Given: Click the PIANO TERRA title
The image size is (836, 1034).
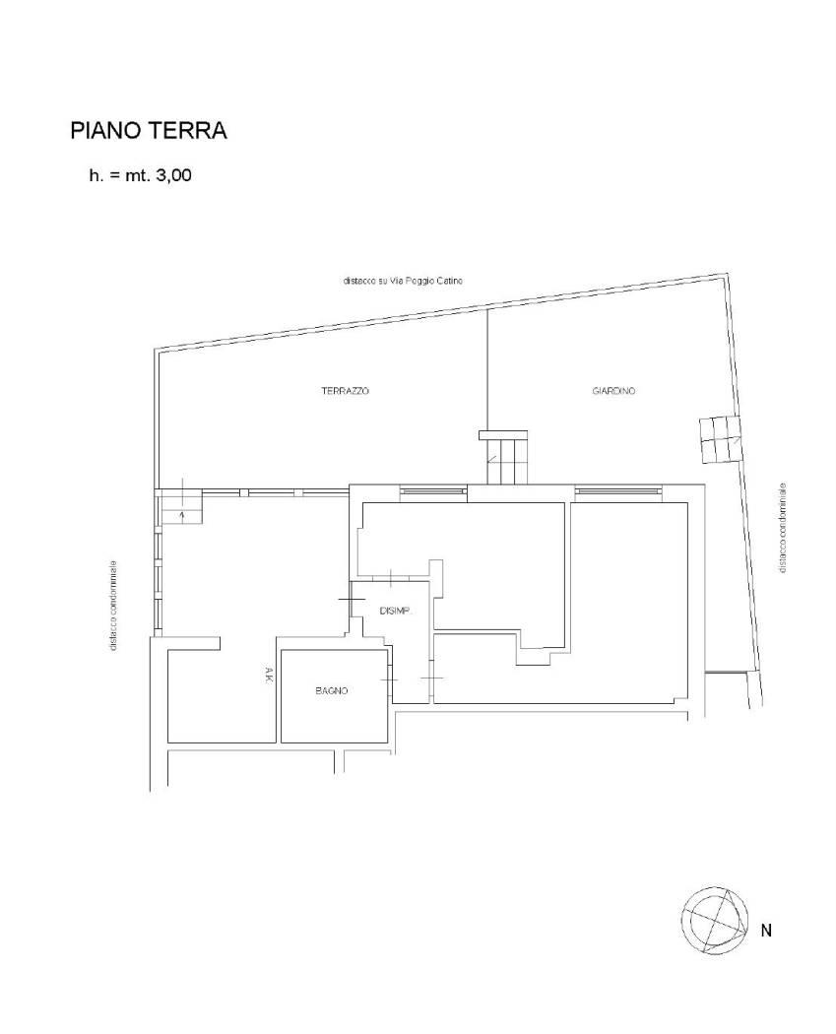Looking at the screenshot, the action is coord(149,131).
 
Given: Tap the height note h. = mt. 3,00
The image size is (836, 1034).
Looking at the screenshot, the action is coord(141,175).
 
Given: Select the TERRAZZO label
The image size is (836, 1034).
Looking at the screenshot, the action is coord(345,391).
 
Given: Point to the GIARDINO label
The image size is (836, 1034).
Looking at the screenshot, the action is coord(613,391).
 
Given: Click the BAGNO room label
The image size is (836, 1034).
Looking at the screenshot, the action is coord(332,691).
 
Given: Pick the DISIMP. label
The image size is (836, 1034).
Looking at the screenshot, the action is coord(396,612).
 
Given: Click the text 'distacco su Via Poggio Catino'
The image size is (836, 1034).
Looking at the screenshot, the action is coord(402,281).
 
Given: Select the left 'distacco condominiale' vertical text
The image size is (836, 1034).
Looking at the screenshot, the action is coord(113,606).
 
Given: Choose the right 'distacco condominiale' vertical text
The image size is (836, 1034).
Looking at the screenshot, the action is coord(783,527).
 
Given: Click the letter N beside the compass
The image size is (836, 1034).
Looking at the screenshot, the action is coord(766,931).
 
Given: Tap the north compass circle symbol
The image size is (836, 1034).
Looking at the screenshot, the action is coord(715,920).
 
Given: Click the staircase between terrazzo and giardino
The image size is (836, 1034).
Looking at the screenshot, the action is coord(504,456).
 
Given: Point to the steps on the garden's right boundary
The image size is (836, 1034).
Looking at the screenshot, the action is coord(719,440).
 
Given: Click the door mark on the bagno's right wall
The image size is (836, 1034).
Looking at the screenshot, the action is coord(390,679).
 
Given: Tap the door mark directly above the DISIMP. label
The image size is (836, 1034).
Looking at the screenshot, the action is coord(390,578).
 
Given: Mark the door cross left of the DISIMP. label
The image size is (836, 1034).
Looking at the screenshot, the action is coord(352,599).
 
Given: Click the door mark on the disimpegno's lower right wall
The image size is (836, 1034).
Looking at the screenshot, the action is coord(432,678).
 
